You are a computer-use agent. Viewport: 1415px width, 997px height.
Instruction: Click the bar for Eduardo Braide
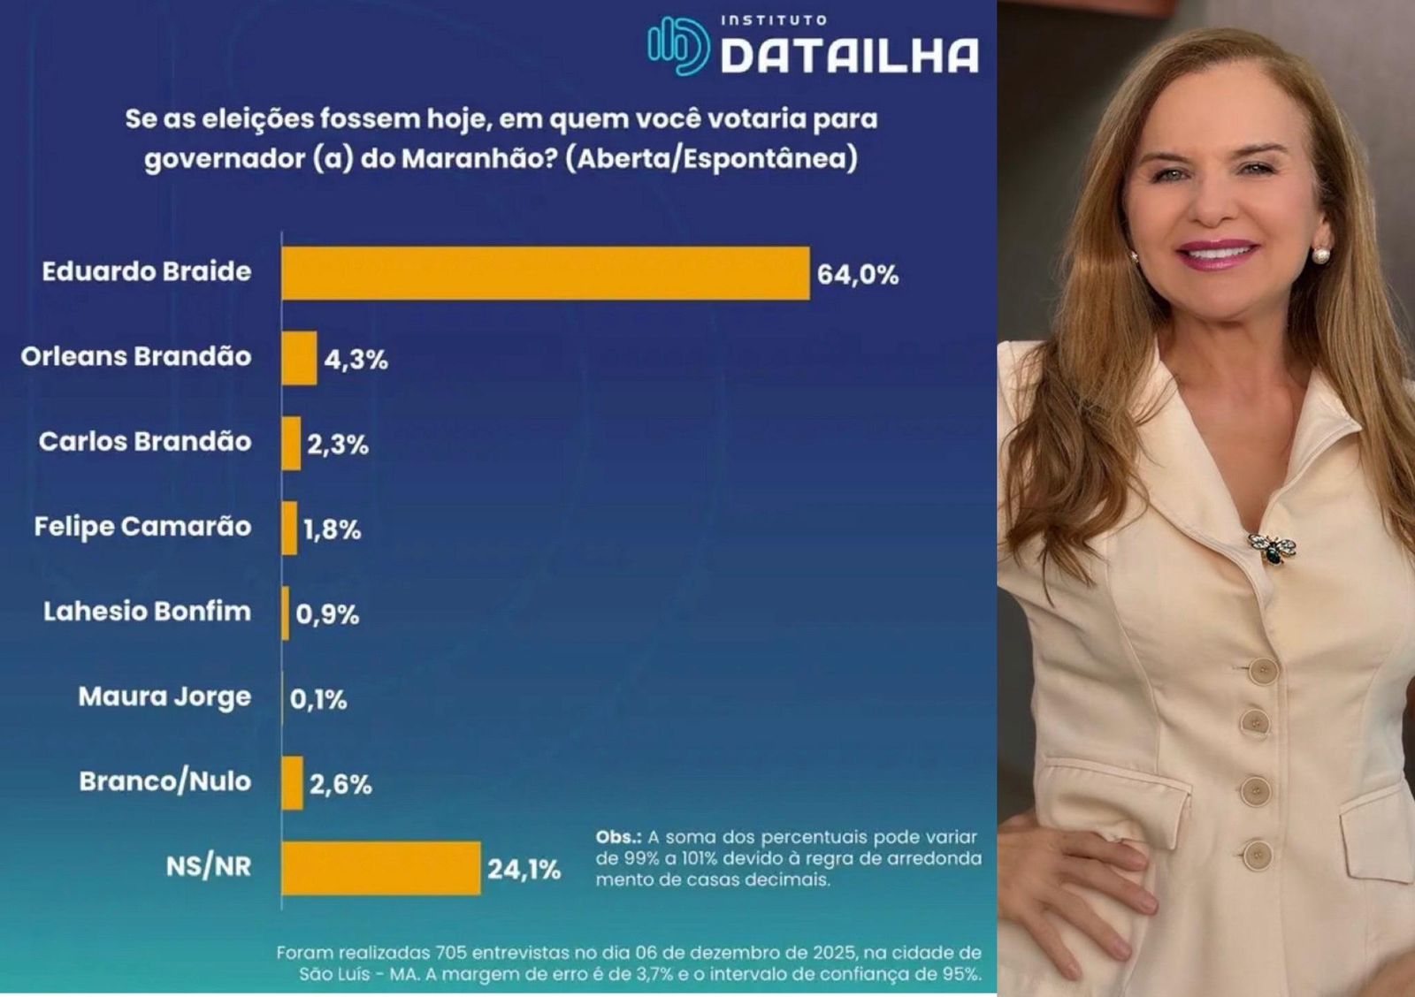(545, 273)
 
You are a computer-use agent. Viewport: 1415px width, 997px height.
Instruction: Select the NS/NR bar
(381, 868)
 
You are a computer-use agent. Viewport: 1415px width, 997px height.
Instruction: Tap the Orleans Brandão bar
(299, 358)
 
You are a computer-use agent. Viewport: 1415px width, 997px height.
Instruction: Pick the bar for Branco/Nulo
(292, 783)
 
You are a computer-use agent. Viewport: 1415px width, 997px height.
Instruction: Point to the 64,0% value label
(857, 275)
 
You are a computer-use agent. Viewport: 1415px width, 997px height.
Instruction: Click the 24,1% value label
(524, 870)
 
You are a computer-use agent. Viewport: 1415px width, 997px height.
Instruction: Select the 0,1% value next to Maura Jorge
(318, 700)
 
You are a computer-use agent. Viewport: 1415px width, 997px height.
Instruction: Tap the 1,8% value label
(332, 529)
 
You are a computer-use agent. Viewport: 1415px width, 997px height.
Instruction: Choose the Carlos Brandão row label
(145, 441)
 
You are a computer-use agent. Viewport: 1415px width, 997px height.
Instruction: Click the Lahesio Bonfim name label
(147, 611)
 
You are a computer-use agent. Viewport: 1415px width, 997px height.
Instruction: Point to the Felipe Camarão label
(142, 526)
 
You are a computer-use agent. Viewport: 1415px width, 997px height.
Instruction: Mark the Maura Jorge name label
(164, 696)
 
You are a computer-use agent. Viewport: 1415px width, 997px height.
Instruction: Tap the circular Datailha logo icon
(677, 46)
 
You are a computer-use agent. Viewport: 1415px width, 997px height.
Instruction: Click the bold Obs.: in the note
(618, 837)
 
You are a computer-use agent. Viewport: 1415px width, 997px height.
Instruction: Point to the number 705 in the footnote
(451, 953)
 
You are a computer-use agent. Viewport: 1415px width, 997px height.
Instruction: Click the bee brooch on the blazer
(1272, 548)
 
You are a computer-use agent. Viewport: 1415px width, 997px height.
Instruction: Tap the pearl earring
(1321, 255)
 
